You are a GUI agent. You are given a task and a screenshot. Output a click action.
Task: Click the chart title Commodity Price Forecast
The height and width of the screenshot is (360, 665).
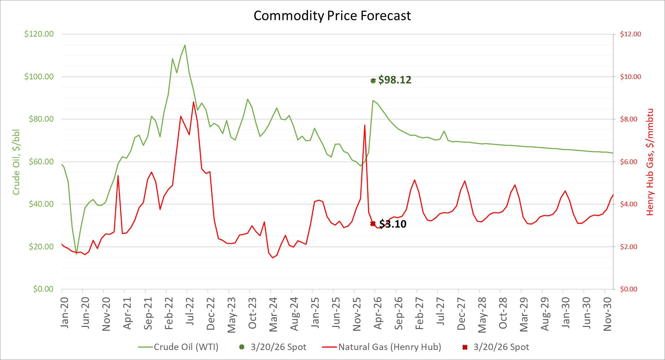(x=332, y=16)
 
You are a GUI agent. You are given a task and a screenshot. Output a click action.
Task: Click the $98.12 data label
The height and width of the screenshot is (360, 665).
(x=394, y=80)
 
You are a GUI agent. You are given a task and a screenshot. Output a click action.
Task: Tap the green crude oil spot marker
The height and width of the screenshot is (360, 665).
(x=373, y=81)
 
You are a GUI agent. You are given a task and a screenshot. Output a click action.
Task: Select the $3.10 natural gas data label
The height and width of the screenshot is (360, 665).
(x=393, y=224)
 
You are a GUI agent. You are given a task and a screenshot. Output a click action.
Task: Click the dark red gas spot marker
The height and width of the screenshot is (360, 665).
(x=373, y=224)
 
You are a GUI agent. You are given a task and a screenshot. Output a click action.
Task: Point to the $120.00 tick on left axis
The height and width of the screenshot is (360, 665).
(x=39, y=34)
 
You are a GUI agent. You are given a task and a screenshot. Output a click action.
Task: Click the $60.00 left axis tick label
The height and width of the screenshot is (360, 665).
(x=41, y=162)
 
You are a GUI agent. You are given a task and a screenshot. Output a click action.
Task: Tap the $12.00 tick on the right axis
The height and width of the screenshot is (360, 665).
(x=630, y=34)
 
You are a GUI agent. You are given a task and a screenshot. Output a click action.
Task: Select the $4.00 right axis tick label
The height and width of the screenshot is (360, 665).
(x=630, y=204)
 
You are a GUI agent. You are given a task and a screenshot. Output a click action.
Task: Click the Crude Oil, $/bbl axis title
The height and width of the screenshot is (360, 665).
(x=16, y=162)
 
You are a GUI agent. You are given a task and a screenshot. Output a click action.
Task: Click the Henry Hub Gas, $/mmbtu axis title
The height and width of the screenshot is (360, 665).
(x=650, y=162)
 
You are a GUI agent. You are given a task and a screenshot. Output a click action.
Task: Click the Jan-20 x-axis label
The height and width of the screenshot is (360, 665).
(x=64, y=312)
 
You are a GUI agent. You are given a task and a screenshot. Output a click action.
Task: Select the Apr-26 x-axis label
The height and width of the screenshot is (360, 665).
(x=378, y=313)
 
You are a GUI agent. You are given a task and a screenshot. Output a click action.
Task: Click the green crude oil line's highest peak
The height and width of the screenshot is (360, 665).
(x=185, y=45)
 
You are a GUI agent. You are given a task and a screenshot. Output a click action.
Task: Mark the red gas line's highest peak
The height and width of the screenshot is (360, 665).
(x=193, y=102)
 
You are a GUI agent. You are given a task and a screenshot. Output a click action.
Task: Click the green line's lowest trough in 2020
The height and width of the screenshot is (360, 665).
(x=76, y=254)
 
